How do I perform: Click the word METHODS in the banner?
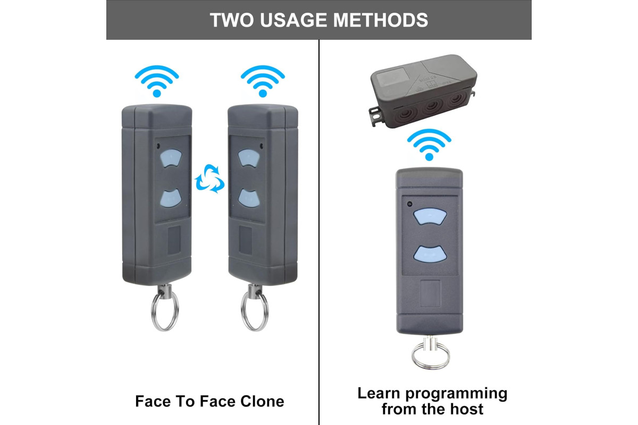(x=381, y=20)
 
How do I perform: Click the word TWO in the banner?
(x=232, y=20)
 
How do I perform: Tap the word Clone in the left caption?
(x=262, y=402)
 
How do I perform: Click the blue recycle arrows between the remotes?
(x=209, y=178)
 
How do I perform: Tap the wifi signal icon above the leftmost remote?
(x=157, y=81)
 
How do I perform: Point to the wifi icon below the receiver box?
(x=429, y=144)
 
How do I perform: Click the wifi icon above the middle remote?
(x=263, y=81)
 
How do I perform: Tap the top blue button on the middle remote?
(x=249, y=158)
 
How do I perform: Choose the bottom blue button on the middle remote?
(x=249, y=198)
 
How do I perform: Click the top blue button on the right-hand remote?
(x=430, y=216)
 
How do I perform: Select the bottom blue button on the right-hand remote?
(x=430, y=254)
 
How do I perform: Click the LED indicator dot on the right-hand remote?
(x=409, y=204)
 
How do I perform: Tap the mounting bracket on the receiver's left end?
(x=375, y=116)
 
